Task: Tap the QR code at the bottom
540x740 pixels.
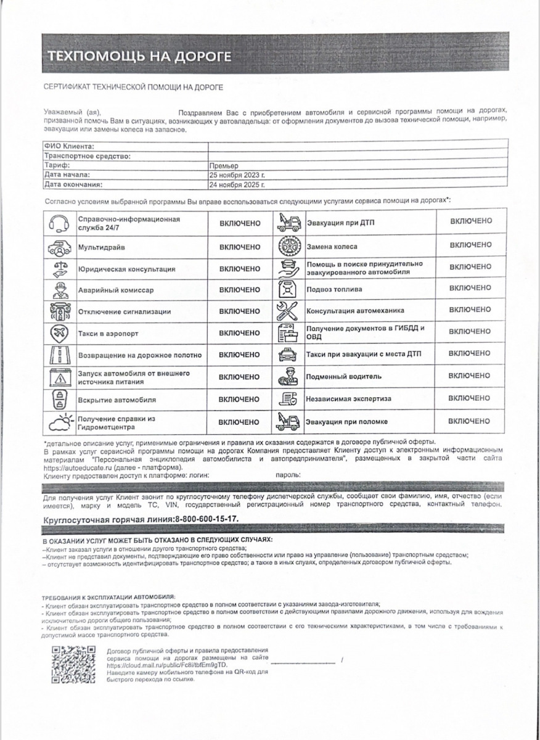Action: coord(73,664)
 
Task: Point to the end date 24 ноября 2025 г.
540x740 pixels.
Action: coord(237,184)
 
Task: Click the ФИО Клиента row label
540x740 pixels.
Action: coord(69,147)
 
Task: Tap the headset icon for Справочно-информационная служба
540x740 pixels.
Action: coord(59,223)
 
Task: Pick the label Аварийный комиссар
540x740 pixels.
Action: coord(116,290)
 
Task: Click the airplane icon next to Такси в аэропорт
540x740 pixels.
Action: coord(59,333)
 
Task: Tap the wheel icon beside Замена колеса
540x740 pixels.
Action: coord(288,246)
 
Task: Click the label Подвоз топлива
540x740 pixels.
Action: coord(334,289)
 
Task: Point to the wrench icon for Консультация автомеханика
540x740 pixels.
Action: coord(288,310)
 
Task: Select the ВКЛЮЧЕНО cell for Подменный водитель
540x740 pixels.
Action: coord(470,376)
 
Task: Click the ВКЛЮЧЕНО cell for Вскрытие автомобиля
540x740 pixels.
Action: coord(240,399)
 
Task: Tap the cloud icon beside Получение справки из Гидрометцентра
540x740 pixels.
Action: coord(59,422)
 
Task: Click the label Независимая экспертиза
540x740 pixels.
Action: coord(348,399)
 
